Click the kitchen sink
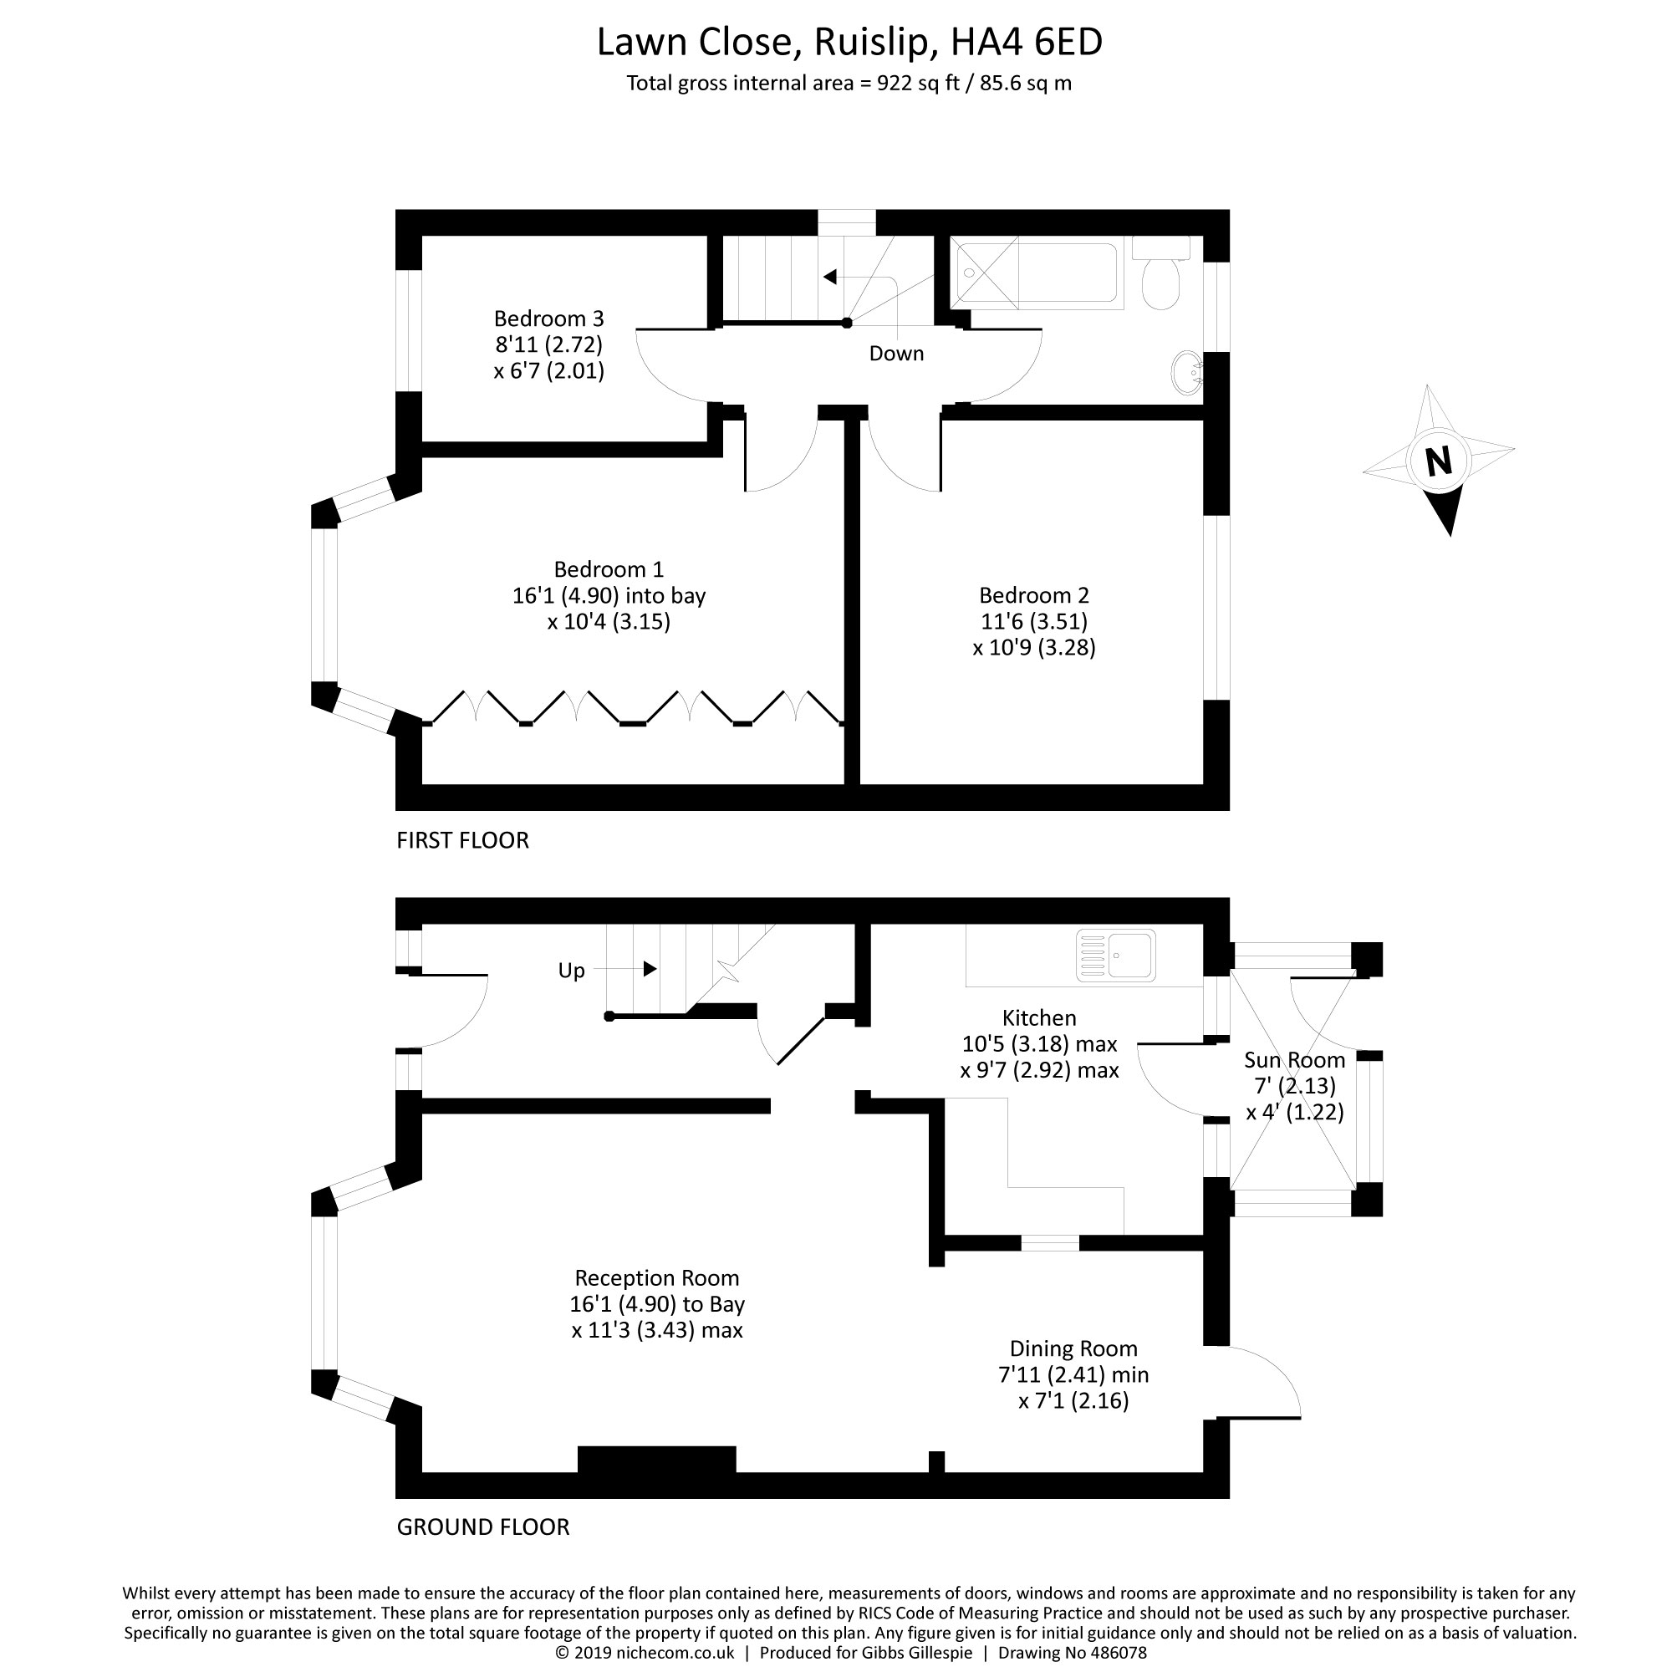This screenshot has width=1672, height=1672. [1115, 956]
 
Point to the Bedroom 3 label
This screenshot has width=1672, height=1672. [548, 319]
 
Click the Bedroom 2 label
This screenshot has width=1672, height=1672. [1034, 595]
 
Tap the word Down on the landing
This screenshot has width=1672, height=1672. [896, 353]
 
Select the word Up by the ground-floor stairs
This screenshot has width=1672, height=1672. [571, 971]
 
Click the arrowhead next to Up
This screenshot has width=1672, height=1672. [650, 968]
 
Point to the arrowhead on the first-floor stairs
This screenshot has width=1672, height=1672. [830, 277]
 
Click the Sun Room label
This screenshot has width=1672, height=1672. [1295, 1060]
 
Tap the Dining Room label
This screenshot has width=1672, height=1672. [1073, 1348]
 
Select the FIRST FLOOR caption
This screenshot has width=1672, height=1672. [462, 840]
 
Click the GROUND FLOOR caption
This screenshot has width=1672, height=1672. [483, 1527]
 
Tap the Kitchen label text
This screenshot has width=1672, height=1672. [1039, 1017]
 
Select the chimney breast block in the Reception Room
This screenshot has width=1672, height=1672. [657, 1459]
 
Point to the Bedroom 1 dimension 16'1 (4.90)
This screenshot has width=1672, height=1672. [563, 595]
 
